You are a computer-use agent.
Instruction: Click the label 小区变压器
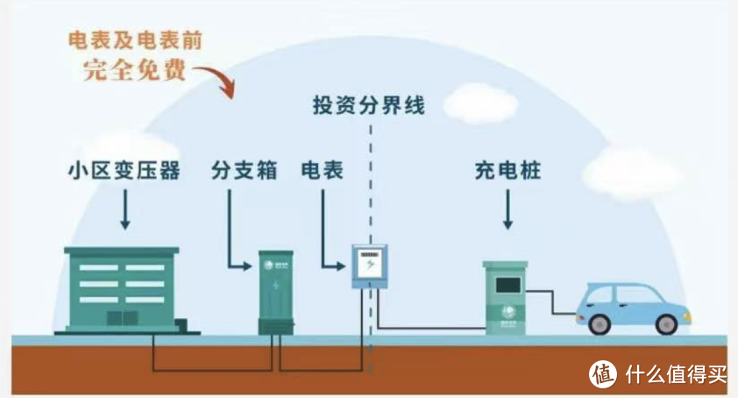click(x=123, y=170)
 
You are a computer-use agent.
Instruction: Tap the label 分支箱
click(x=244, y=170)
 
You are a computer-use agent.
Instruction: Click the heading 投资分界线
click(x=368, y=107)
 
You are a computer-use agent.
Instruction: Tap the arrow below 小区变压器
click(x=123, y=210)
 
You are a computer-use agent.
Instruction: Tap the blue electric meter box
click(x=369, y=266)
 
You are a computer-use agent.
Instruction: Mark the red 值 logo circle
click(x=602, y=373)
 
